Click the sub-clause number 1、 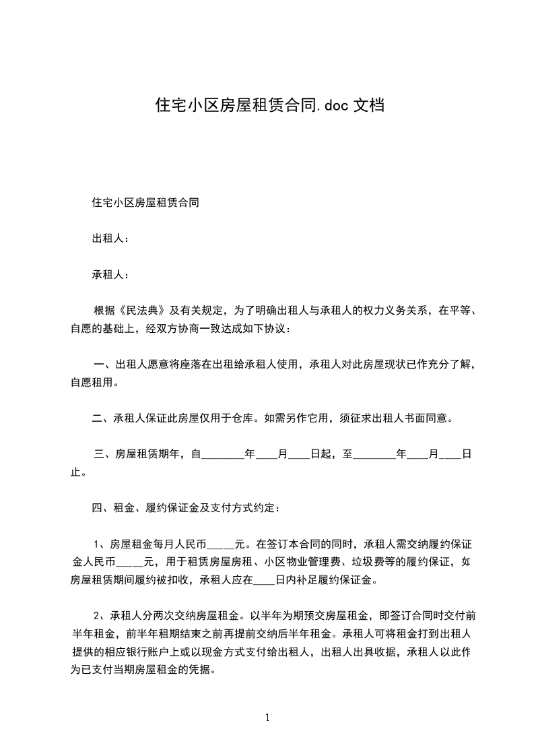[100, 543]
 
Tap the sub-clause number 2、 [100, 615]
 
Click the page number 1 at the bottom [267, 718]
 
